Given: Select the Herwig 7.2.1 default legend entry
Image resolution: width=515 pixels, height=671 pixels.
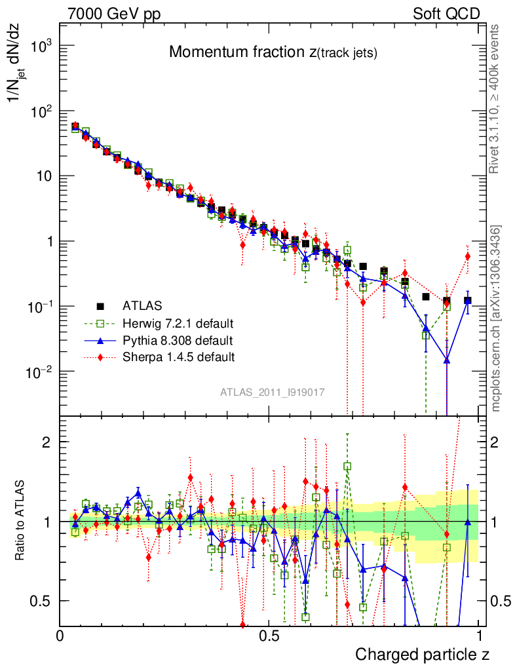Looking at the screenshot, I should [x=178, y=323].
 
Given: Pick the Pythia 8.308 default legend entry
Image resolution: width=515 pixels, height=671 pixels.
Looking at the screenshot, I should [x=178, y=340].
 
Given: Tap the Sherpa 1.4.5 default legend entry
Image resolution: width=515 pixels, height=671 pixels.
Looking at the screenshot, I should [x=178, y=357].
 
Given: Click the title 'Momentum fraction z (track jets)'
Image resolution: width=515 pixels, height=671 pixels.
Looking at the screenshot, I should [x=273, y=53].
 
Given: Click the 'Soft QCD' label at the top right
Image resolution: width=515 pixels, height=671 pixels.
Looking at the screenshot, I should [x=446, y=14].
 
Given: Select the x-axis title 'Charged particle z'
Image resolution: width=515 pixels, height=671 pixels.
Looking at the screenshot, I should [x=422, y=654].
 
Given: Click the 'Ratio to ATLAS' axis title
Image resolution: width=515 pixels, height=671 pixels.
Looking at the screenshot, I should [x=20, y=520].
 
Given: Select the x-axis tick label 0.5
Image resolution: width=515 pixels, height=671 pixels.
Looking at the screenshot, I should [x=269, y=636].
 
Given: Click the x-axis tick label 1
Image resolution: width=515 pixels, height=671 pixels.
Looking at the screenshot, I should [x=480, y=636].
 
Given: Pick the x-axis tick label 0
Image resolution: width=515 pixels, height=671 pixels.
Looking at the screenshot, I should [x=60, y=636].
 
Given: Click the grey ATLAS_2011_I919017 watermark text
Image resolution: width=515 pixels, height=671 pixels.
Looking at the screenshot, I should [x=273, y=392].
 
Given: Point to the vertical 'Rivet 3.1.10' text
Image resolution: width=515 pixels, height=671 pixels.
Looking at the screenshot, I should [x=496, y=98].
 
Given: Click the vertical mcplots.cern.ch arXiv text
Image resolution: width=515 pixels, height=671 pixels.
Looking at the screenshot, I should [x=496, y=318].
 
